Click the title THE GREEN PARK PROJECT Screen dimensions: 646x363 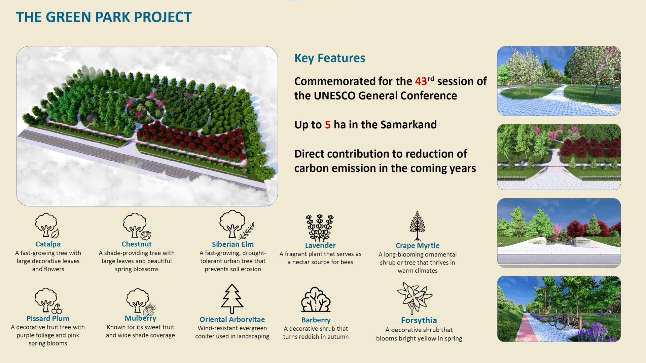point(104,17)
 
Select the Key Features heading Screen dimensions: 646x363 point(330,58)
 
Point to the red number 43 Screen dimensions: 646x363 point(421,81)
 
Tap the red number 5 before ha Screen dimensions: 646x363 point(328,125)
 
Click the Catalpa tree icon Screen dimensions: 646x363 point(47,226)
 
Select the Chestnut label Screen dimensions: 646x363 point(137,244)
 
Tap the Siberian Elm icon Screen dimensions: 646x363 point(237,225)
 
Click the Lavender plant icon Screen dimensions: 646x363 point(320,228)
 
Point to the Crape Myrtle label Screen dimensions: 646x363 point(418,246)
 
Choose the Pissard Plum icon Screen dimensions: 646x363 point(48,300)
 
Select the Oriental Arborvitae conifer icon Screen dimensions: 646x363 point(232,299)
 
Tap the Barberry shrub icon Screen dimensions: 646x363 point(316,299)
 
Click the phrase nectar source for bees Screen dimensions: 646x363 point(323,262)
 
